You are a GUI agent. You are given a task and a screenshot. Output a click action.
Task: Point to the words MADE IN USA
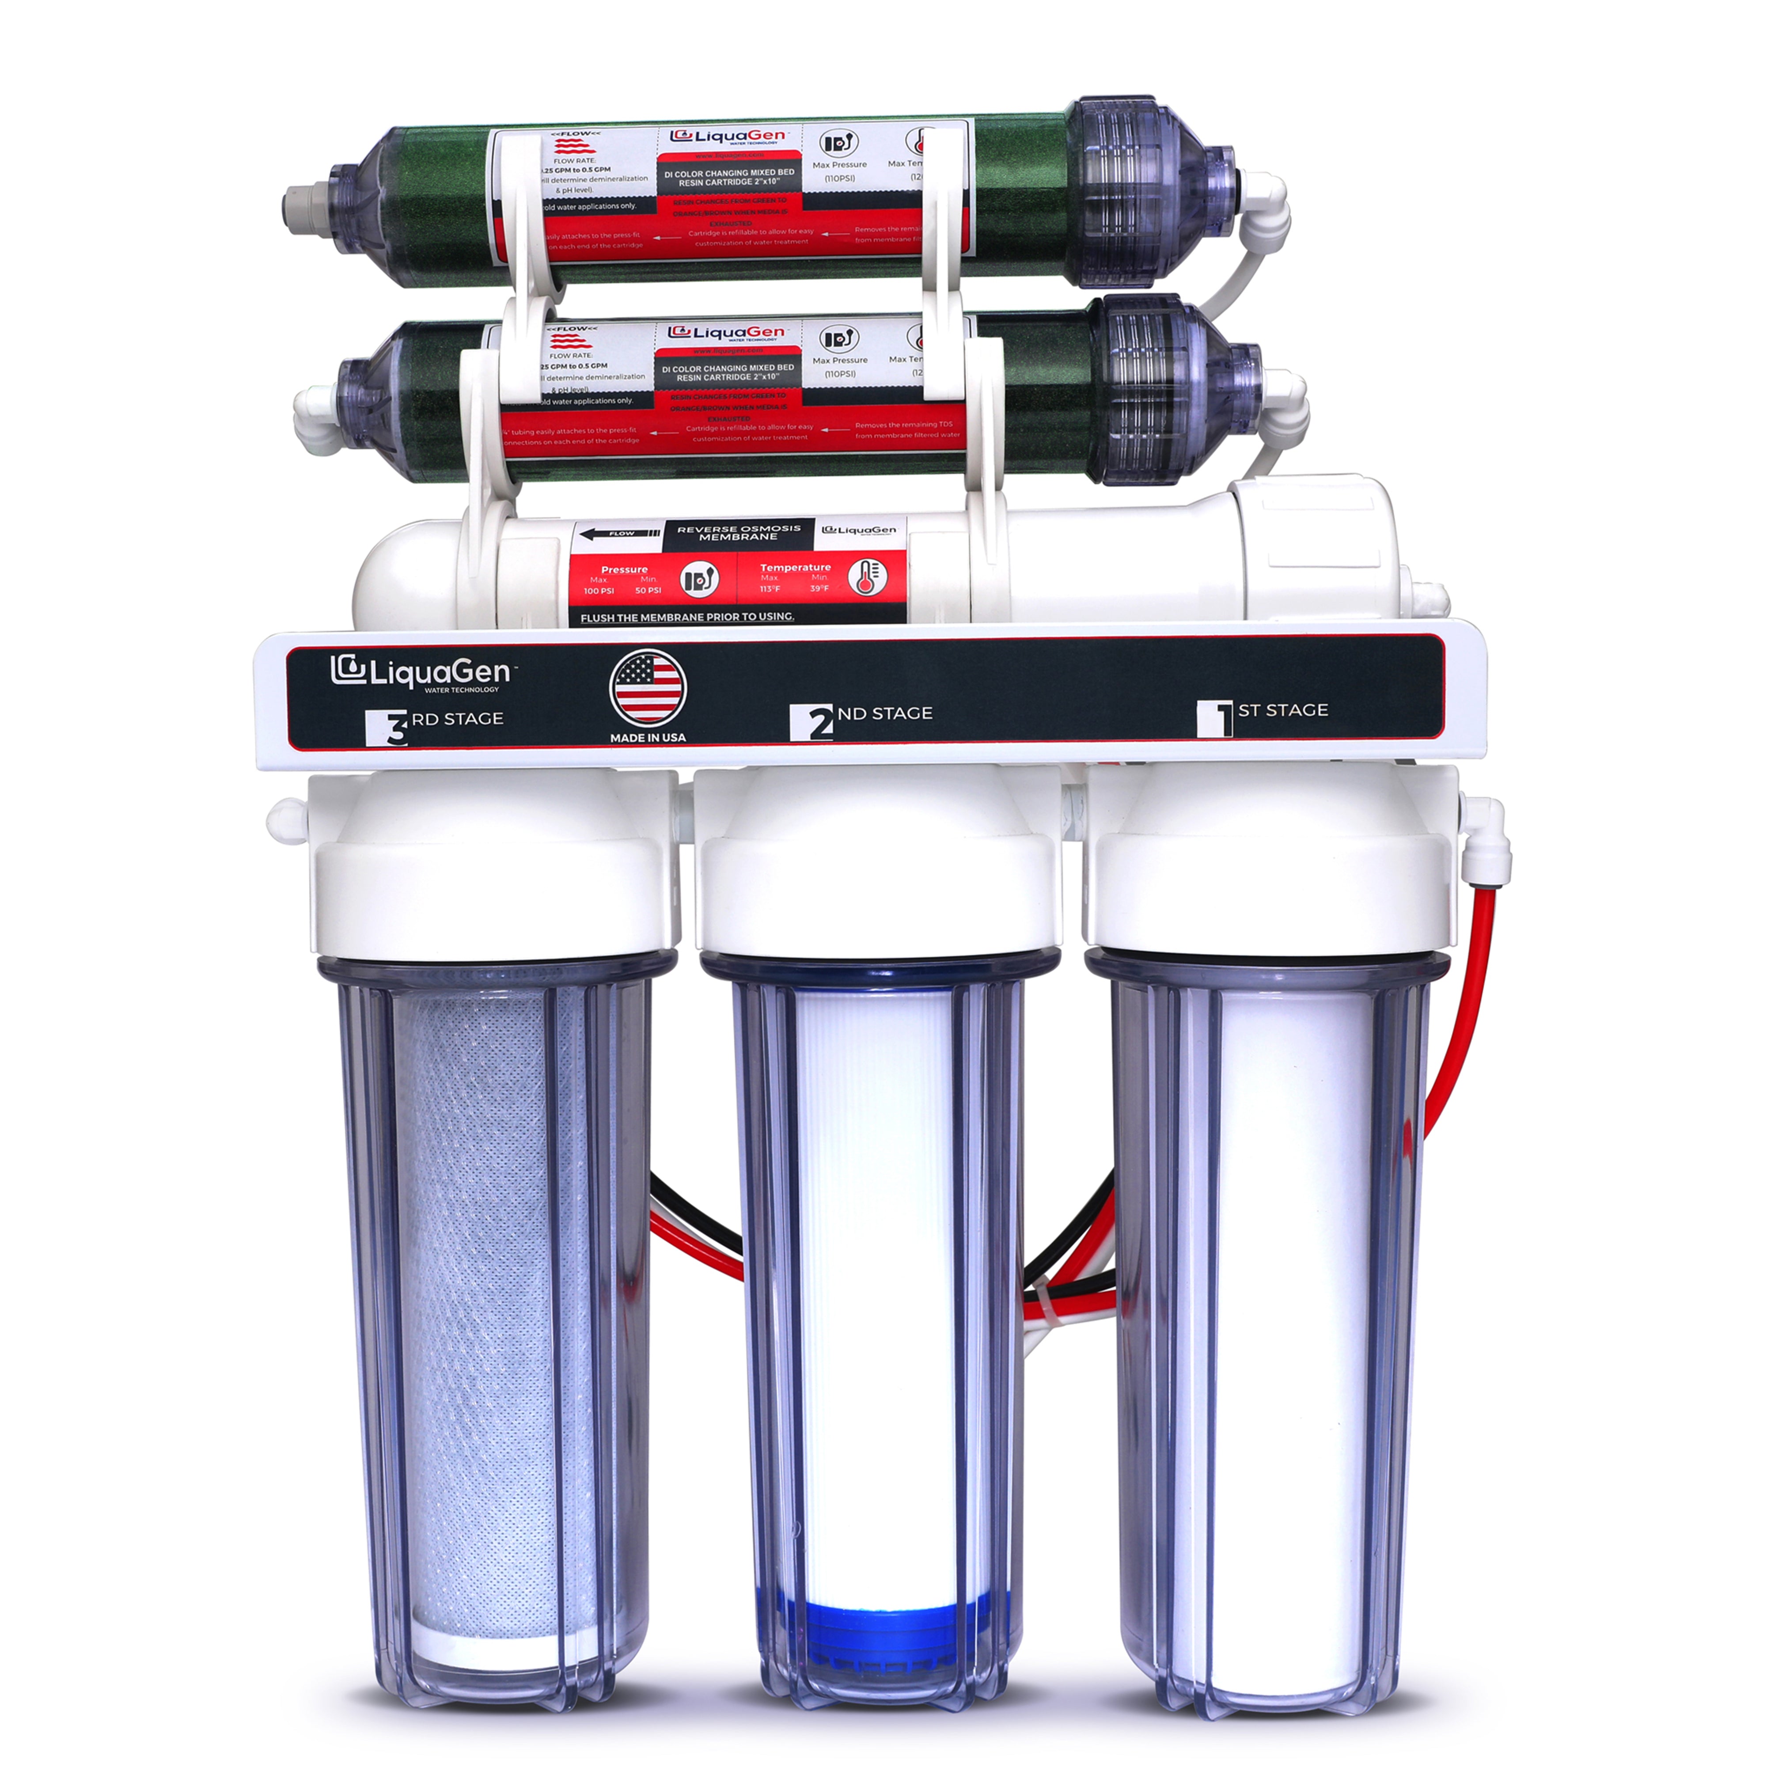click(648, 737)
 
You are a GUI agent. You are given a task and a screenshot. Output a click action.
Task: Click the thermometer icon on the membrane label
click(866, 577)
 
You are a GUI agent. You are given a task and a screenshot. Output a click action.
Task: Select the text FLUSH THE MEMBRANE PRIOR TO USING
click(687, 618)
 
